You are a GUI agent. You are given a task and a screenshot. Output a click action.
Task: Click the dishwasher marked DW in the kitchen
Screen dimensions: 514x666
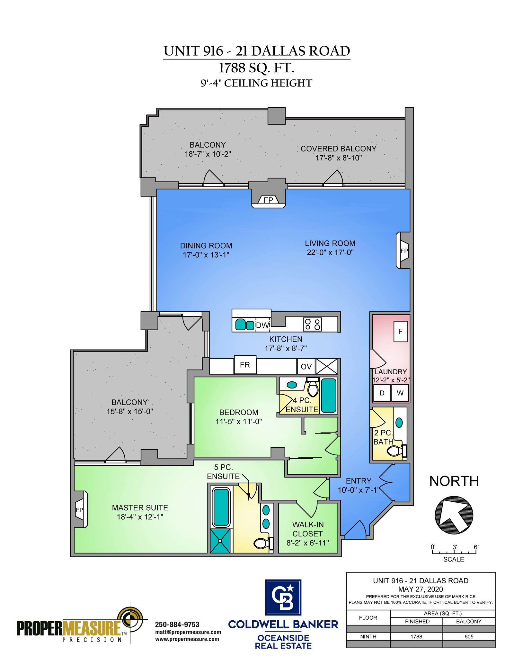click(262, 325)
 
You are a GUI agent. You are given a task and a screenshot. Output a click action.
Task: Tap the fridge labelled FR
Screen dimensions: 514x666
click(245, 365)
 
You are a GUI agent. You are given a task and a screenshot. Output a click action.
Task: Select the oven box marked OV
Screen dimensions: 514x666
click(306, 367)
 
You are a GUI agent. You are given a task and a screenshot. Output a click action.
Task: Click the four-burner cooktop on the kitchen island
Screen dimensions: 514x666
click(312, 324)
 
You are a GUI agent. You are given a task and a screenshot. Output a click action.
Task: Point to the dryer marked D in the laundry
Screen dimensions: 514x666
click(382, 393)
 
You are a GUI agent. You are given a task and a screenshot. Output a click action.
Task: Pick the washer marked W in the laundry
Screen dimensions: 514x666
click(400, 393)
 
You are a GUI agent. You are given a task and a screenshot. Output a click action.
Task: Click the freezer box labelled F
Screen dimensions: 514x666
click(401, 331)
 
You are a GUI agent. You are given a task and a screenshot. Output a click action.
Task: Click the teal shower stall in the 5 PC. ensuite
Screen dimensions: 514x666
click(220, 541)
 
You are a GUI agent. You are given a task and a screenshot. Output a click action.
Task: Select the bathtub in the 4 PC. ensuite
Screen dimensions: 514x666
click(329, 396)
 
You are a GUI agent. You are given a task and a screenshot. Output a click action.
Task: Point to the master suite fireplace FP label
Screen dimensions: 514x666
click(79, 510)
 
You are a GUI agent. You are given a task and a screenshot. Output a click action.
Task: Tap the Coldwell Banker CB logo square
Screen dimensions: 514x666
click(283, 597)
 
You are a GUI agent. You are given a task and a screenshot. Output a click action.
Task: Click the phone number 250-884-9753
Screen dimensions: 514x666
click(177, 624)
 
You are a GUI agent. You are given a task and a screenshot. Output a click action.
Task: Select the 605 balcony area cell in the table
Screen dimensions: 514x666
click(469, 636)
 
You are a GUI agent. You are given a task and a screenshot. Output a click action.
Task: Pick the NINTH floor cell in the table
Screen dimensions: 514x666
click(368, 636)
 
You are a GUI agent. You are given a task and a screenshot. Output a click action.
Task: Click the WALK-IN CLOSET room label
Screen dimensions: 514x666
click(308, 529)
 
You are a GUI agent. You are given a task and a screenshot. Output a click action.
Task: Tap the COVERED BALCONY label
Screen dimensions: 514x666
click(339, 149)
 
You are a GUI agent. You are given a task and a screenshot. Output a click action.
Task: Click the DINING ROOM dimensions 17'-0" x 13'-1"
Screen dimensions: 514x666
click(206, 255)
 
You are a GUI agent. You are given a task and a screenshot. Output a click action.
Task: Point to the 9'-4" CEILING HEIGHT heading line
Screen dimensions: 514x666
click(256, 83)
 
